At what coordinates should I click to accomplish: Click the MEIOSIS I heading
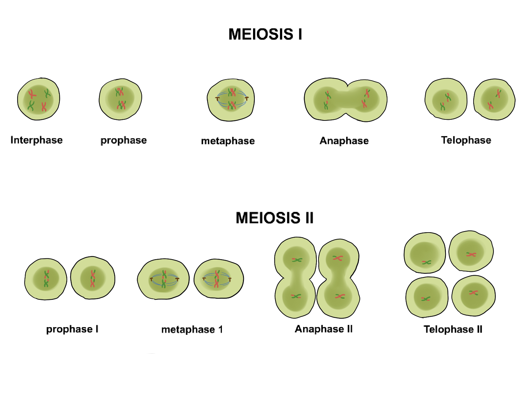tap(265, 34)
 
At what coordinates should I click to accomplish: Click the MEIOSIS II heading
tap(274, 218)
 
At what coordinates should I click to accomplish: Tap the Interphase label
tap(36, 140)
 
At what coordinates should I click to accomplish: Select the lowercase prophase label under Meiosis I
tap(124, 140)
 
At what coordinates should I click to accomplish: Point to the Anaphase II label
tap(324, 329)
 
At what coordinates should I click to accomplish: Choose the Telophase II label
tap(453, 330)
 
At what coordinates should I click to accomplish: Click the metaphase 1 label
tap(192, 330)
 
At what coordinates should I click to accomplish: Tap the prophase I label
tap(72, 329)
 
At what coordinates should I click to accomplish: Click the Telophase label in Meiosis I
tap(466, 140)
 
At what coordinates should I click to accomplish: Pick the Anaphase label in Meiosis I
tap(344, 141)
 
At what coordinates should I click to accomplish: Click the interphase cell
tap(38, 99)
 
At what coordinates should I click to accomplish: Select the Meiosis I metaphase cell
tap(231, 100)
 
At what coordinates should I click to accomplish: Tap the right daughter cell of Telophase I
tap(494, 99)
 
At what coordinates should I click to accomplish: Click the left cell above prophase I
tap(45, 279)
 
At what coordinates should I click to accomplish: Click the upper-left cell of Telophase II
tap(425, 253)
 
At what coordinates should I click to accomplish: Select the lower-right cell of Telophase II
tap(474, 296)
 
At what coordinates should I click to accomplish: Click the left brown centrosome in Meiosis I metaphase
tap(217, 99)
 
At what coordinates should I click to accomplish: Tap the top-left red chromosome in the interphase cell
tap(32, 94)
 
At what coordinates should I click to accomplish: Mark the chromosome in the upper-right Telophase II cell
tap(471, 254)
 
